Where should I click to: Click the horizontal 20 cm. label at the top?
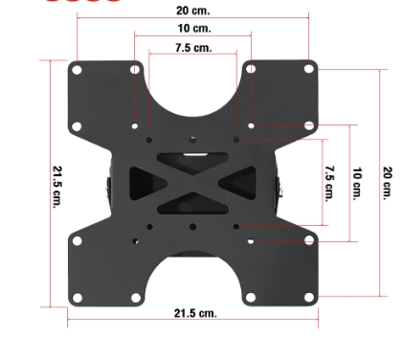pos(193,11)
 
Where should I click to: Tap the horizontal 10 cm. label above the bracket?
pos(194,29)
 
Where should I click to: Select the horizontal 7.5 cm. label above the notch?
pos(193,48)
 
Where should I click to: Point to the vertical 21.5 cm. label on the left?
pos(57,187)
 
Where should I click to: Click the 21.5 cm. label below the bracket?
pos(195,313)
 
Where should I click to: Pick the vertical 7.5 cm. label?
pos(329,184)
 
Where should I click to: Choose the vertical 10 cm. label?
pos(357,184)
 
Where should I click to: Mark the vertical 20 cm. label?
pos(387,183)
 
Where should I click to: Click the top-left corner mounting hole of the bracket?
pos(77,70)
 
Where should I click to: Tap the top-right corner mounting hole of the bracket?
pos(309,69)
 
